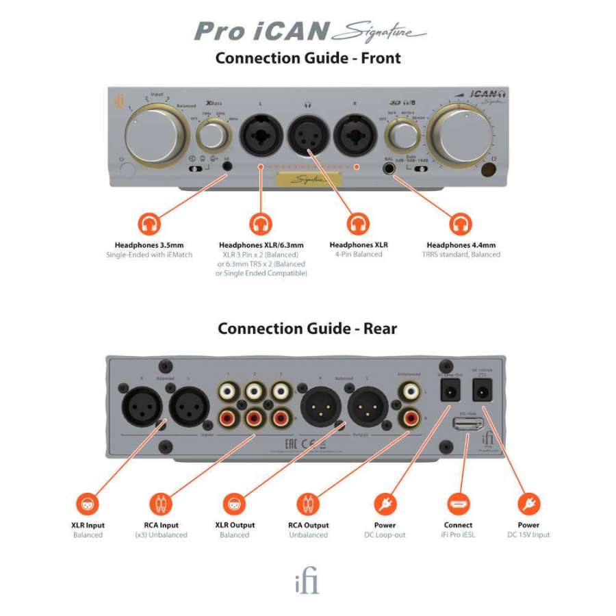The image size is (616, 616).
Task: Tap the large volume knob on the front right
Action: point(463,132)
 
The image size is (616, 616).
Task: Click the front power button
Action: point(123,168)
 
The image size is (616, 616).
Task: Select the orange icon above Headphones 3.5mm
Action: point(149,224)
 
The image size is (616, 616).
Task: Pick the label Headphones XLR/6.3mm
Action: point(261,245)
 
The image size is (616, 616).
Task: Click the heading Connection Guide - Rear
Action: point(307,329)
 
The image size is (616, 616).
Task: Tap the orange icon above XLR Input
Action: point(88,504)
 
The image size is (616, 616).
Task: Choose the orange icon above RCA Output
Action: point(308,504)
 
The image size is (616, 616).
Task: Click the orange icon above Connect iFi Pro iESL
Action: point(458,504)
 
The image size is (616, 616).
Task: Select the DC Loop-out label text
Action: point(385,535)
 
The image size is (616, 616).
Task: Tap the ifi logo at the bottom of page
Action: point(306,582)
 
